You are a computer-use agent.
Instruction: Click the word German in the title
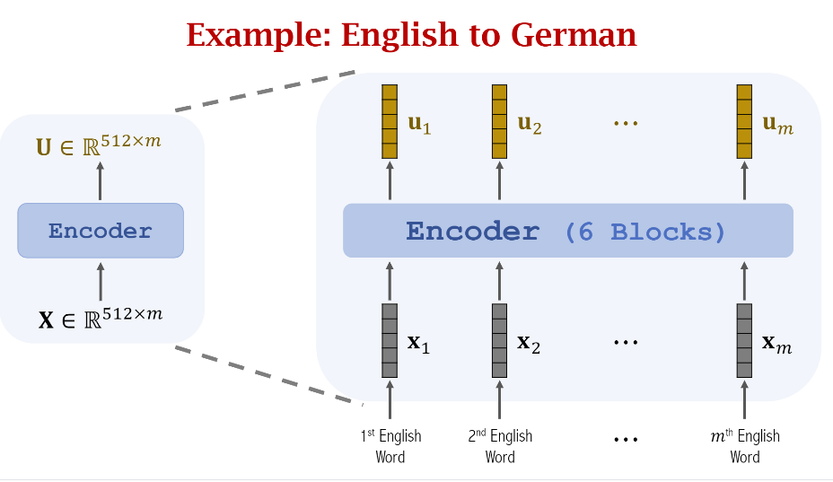[574, 35]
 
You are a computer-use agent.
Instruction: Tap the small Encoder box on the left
[101, 231]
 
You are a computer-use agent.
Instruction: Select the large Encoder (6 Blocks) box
[567, 231]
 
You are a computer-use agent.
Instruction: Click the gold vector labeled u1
[389, 122]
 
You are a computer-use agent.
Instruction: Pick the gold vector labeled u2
[500, 122]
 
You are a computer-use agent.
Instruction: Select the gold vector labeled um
[744, 122]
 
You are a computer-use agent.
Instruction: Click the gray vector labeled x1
[389, 340]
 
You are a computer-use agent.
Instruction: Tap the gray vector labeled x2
[500, 340]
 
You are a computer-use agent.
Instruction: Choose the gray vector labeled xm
[744, 340]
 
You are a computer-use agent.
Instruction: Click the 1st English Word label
[390, 446]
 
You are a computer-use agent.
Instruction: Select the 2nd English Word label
[500, 446]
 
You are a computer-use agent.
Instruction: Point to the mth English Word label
[744, 446]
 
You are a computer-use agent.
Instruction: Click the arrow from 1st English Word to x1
[390, 401]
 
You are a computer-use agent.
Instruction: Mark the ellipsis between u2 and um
[625, 123]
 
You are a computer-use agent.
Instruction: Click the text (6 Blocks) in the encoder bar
[644, 232]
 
